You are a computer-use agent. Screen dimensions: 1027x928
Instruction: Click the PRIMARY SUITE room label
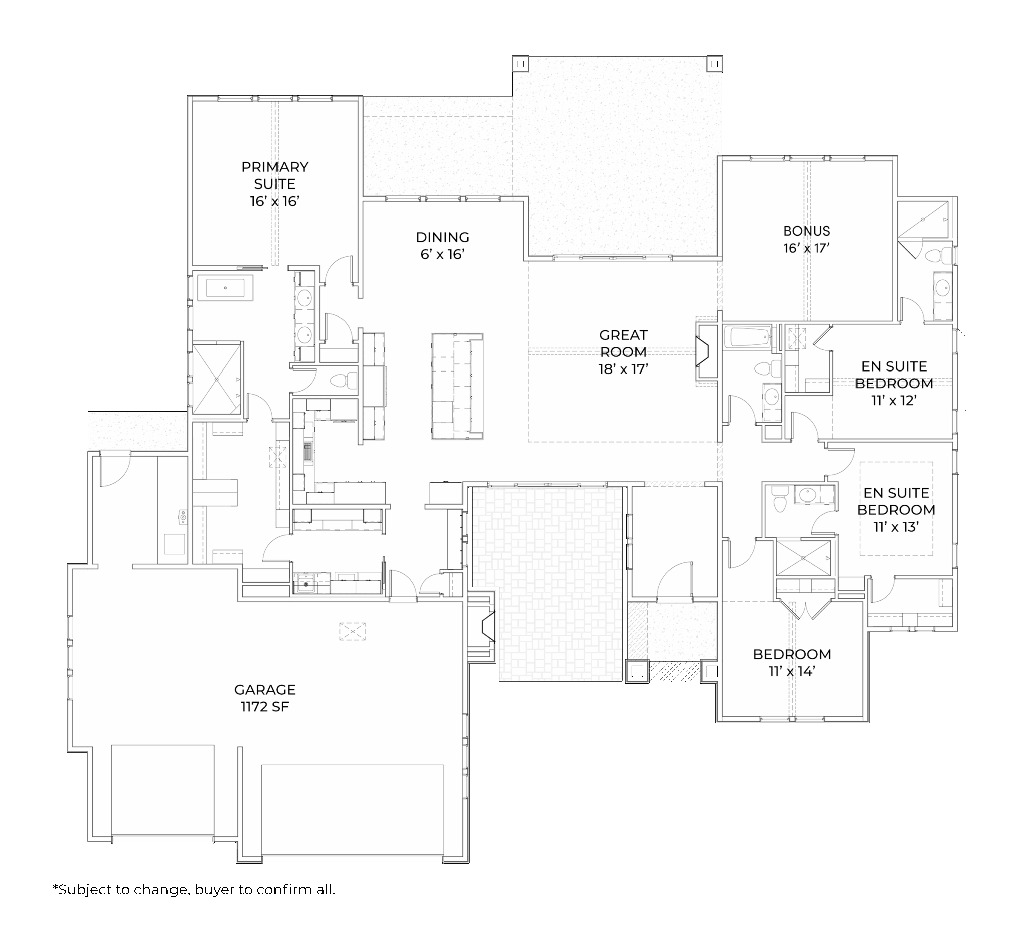(x=275, y=184)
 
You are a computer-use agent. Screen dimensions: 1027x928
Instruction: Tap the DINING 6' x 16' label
(x=442, y=246)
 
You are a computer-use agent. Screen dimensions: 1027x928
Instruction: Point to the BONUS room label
(x=807, y=239)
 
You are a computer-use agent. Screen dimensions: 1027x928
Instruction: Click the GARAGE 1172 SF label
(x=264, y=698)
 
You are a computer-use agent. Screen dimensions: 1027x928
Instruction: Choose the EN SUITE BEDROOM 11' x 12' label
(x=894, y=383)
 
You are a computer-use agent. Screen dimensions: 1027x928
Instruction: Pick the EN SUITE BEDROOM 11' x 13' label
(x=896, y=510)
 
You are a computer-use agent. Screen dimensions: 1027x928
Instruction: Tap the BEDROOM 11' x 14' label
(x=792, y=663)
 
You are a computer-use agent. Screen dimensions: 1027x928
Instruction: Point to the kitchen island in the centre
(x=457, y=386)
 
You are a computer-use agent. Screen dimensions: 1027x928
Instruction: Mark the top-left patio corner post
(x=520, y=64)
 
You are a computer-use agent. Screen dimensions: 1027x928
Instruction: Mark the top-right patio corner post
(x=714, y=64)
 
